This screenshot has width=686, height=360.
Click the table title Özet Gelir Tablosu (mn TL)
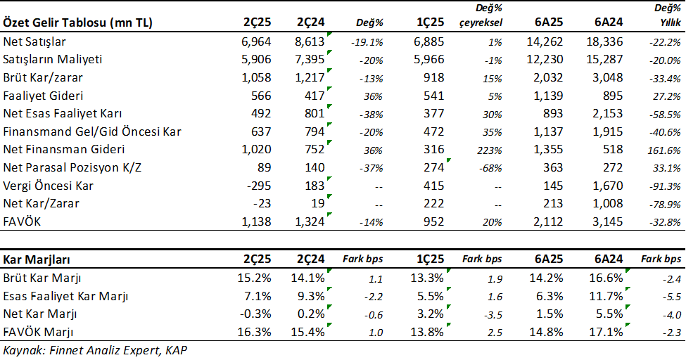78,22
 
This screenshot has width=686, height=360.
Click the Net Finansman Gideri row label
64,149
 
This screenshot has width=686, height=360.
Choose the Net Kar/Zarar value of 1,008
606,204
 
